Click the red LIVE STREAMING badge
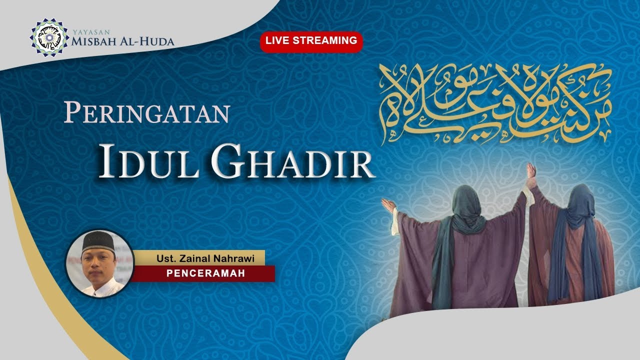pyautogui.click(x=311, y=41)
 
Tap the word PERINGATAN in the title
pyautogui.click(x=146, y=114)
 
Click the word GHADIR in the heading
pyautogui.click(x=292, y=161)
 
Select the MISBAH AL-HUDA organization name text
pyautogui.click(x=122, y=41)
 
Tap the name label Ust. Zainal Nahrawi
pyautogui.click(x=205, y=258)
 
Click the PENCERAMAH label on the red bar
pyautogui.click(x=205, y=274)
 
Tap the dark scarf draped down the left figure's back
pyautogui.click(x=442, y=265)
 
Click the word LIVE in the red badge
pyautogui.click(x=276, y=41)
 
